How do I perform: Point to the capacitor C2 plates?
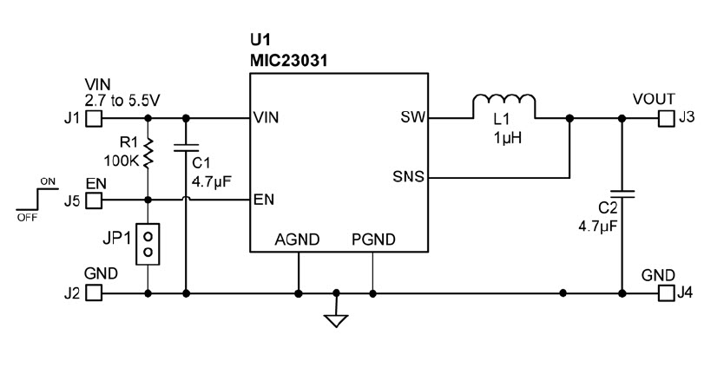(622, 194)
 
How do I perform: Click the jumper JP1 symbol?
(148, 244)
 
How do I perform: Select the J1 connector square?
(95, 117)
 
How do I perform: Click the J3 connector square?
(666, 117)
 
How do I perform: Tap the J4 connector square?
(666, 293)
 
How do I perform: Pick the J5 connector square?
(95, 200)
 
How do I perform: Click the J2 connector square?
(95, 293)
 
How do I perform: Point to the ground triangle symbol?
(336, 320)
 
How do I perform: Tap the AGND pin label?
(298, 238)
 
